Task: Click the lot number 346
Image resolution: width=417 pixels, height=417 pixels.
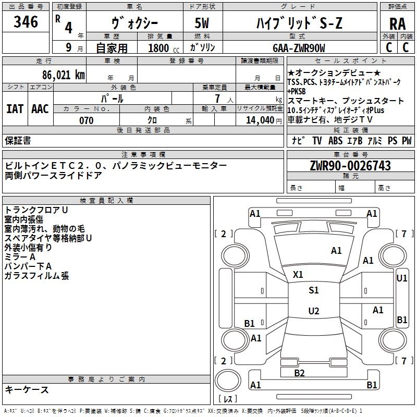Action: [x=26, y=22]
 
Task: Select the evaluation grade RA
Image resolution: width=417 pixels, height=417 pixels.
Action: [x=397, y=24]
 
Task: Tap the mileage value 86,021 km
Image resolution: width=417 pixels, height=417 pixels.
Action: [x=63, y=75]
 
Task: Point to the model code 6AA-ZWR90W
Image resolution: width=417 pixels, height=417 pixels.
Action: [x=299, y=48]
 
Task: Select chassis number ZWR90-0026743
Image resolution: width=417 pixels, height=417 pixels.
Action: [x=350, y=166]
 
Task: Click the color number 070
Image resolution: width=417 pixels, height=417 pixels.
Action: [x=87, y=120]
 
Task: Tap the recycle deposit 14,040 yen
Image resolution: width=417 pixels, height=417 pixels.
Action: [x=264, y=120]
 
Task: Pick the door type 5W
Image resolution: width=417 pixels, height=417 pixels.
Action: [x=202, y=23]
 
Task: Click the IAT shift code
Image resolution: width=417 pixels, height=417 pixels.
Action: [x=15, y=109]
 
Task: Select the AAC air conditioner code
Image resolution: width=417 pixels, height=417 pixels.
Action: [x=40, y=109]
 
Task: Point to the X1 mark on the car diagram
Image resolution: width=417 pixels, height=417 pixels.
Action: [x=298, y=275]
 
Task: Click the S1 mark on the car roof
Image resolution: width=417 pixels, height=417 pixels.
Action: [x=314, y=290]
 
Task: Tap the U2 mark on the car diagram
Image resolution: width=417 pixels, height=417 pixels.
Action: [x=314, y=311]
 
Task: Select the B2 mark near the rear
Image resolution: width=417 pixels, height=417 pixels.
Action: [x=299, y=373]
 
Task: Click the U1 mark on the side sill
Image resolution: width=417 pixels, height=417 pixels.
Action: [x=401, y=278]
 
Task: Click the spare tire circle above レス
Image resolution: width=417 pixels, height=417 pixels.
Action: [x=228, y=381]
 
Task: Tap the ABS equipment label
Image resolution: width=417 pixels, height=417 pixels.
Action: [x=335, y=140]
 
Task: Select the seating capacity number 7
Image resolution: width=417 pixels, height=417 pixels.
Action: [x=217, y=99]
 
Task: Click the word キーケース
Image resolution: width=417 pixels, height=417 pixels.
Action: [x=27, y=389]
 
